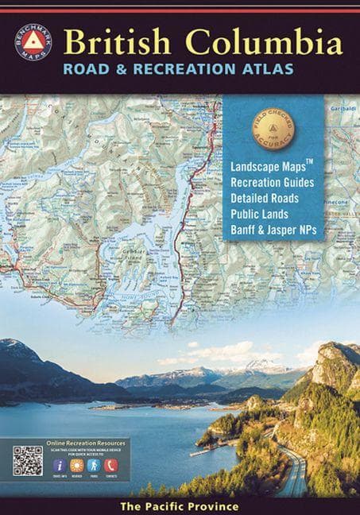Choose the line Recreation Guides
pos(270,184)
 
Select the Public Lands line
pos(258,214)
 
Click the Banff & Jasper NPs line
pos(275,229)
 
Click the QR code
pos(28,460)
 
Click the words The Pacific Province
pos(180,506)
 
